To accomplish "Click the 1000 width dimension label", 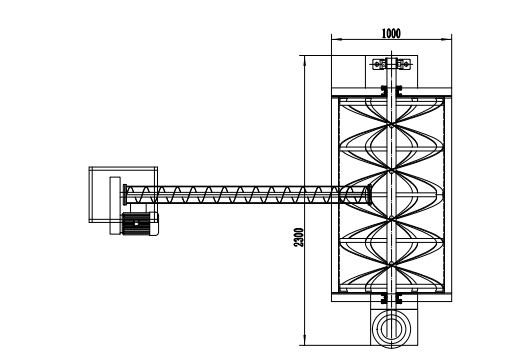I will (391, 33).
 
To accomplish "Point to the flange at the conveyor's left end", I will (122, 193).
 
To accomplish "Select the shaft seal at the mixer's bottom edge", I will (390, 296).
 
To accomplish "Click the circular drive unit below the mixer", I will (390, 326).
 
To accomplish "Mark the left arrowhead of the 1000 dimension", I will (333, 41).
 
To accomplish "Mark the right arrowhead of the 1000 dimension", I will (447, 41).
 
